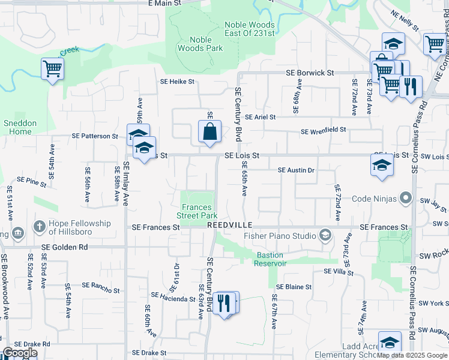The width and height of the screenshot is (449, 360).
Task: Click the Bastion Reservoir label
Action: (x=264, y=259)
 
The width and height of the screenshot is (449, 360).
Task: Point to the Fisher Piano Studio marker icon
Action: (x=325, y=235)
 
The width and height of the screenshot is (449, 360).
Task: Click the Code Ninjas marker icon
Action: (x=406, y=199)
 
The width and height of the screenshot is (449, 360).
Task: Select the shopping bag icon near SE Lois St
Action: (x=209, y=131)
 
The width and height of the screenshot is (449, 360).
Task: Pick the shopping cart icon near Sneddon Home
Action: (x=52, y=69)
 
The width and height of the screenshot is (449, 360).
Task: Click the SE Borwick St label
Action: (x=310, y=73)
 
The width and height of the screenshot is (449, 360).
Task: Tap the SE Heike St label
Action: (x=177, y=81)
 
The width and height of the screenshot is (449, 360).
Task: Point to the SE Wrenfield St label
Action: (x=324, y=130)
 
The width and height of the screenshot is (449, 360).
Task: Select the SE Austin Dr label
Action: (x=296, y=170)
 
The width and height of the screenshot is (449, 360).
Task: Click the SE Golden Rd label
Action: (x=65, y=247)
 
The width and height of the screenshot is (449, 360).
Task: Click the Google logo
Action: (x=20, y=353)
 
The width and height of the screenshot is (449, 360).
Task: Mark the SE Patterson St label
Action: (x=95, y=136)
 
